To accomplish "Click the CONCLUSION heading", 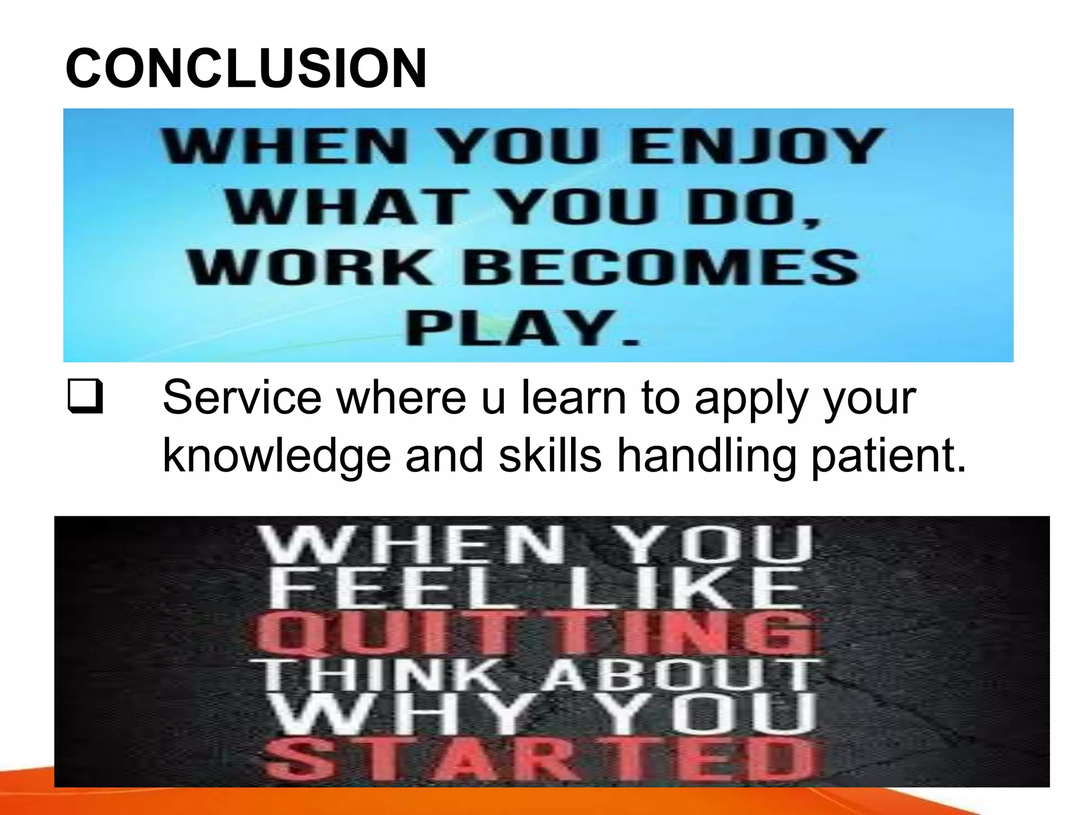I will coord(246,68).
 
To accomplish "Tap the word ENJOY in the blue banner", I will coord(756,146).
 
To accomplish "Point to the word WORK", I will coord(310,267).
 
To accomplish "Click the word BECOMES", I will coord(660,267).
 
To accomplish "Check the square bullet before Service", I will coord(85,398).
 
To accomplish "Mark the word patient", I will coord(888,456).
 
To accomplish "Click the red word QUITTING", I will coord(536,632).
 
